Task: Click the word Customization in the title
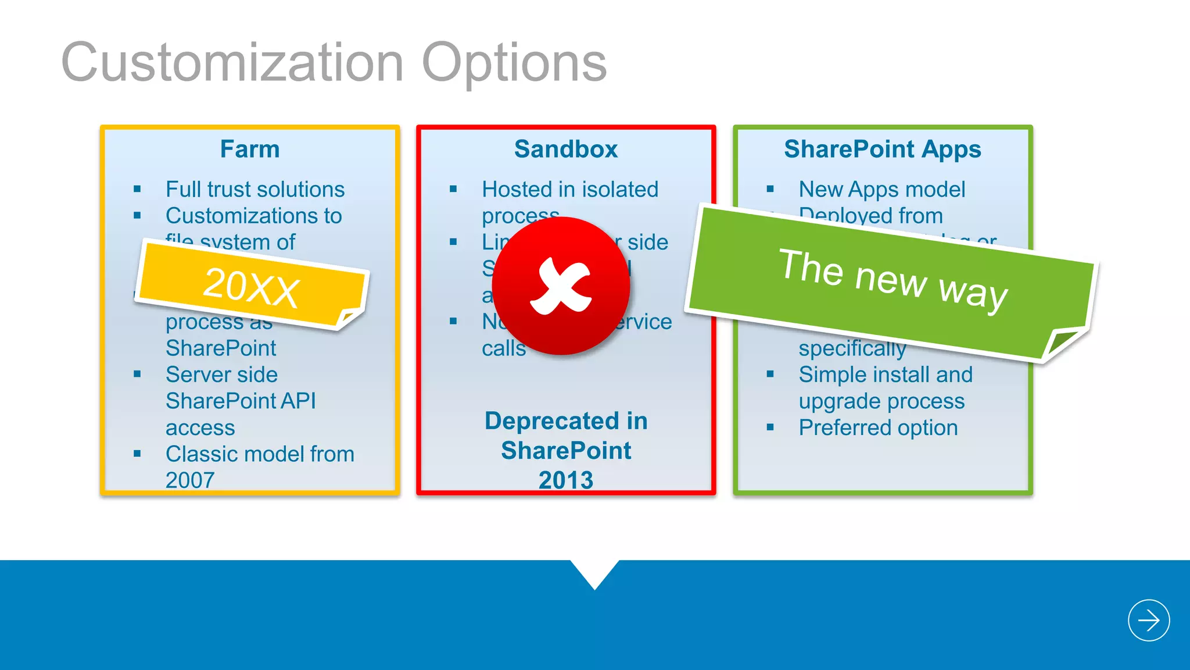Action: coord(232,63)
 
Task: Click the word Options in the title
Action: coord(514,63)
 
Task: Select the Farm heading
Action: coord(250,149)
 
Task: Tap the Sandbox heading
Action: coord(566,149)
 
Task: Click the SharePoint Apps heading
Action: coord(883,149)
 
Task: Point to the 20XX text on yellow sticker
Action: coord(251,287)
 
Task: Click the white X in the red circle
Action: coord(561,287)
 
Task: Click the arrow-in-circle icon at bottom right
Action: coord(1149,620)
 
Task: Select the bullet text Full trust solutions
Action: coord(255,190)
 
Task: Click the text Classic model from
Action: coord(260,454)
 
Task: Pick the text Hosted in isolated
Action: coord(570,190)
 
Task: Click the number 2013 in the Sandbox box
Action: coord(566,480)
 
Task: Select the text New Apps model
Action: coord(881,190)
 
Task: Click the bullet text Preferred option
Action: coord(878,428)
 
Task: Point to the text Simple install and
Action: coord(885,375)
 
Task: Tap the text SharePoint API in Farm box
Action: coord(241,401)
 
